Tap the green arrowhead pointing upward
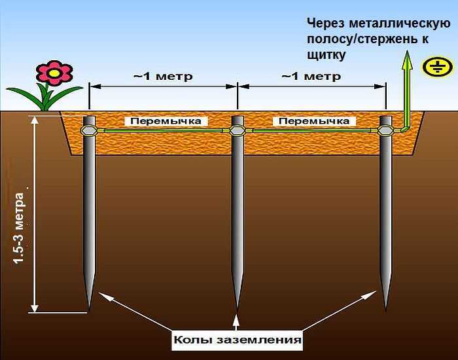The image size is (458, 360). (406, 61)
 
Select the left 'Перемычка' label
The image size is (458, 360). (162, 121)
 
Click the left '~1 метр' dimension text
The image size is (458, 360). (163, 77)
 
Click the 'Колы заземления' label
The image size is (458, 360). (238, 340)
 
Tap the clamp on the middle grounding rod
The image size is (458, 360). (238, 131)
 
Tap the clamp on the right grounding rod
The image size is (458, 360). (385, 131)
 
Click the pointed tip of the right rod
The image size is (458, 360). (385, 304)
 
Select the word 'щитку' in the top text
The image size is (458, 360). (325, 55)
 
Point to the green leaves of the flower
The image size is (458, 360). (48, 98)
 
